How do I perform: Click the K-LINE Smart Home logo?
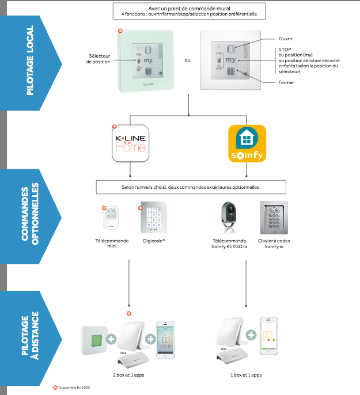(x=130, y=142)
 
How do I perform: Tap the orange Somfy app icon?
(x=247, y=142)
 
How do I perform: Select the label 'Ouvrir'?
(x=286, y=39)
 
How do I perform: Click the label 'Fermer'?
(x=286, y=83)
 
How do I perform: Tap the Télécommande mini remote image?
(x=112, y=219)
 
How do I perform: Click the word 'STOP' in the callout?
(x=283, y=50)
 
